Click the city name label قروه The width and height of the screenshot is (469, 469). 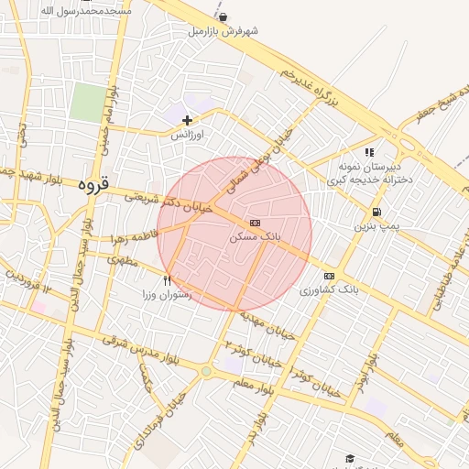[x=93, y=183]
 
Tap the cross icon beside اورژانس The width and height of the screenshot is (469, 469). [x=188, y=120]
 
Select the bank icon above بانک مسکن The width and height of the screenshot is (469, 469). [x=254, y=223]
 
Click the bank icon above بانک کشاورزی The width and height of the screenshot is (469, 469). [x=329, y=276]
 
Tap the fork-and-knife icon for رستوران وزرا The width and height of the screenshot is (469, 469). [x=167, y=281]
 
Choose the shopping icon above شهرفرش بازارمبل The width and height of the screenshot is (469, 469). [x=224, y=16]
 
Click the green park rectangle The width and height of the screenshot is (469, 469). [x=88, y=102]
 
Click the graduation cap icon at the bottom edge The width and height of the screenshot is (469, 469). [x=349, y=457]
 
